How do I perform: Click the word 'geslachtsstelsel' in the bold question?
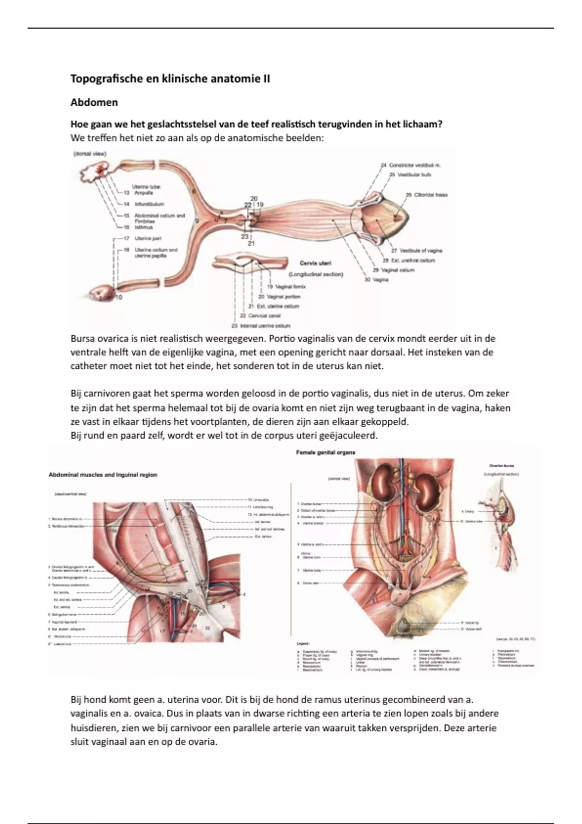tap(178, 124)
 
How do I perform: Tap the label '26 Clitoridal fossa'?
tap(426, 195)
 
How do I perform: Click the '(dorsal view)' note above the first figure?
tap(90, 154)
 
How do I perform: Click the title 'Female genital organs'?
tap(325, 452)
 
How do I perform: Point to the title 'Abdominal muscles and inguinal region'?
tap(103, 475)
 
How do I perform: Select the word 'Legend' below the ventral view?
tap(303, 643)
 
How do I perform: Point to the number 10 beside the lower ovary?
tap(119, 297)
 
